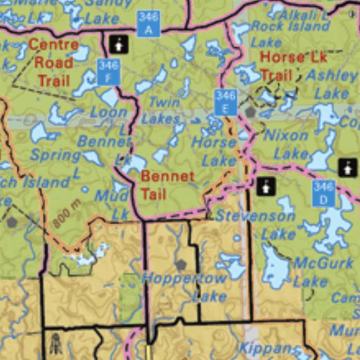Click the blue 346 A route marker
click(x=148, y=23)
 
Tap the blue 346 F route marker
click(x=108, y=72)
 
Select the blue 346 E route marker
click(x=225, y=102)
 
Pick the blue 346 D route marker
click(x=323, y=193)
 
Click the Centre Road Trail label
click(x=53, y=62)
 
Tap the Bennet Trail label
click(x=167, y=184)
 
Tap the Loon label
click(x=110, y=112)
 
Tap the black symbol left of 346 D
click(x=265, y=186)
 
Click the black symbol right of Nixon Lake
click(x=347, y=167)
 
